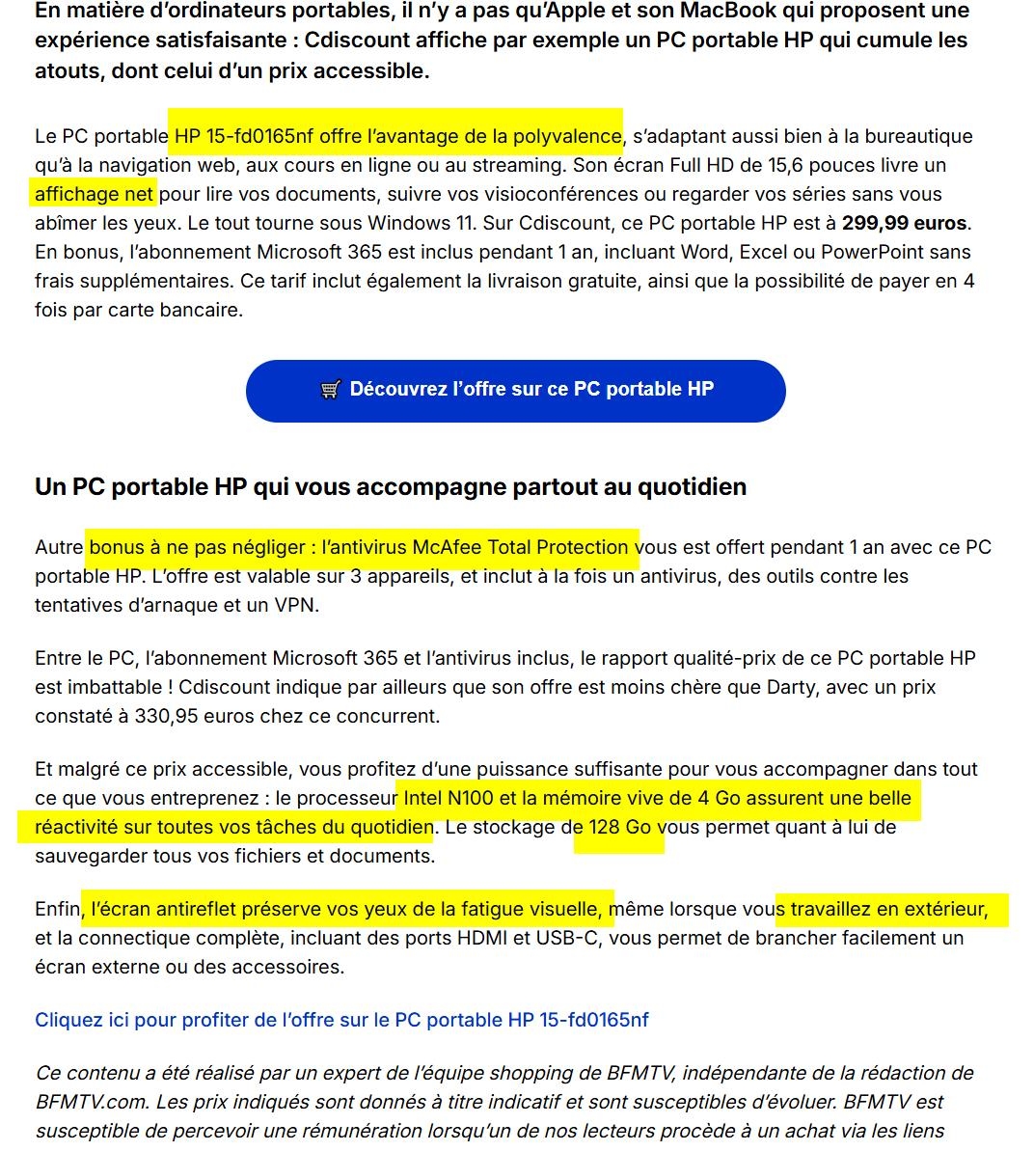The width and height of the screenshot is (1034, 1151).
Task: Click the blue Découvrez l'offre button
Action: (x=515, y=391)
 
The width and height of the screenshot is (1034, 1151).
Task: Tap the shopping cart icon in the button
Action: (x=330, y=390)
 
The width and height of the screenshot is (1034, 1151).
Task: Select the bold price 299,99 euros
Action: (x=904, y=223)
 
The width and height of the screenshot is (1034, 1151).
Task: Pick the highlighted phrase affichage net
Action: (x=94, y=194)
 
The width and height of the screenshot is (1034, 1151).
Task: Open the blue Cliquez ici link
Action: (x=341, y=1020)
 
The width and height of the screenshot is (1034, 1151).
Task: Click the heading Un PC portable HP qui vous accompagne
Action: (x=391, y=486)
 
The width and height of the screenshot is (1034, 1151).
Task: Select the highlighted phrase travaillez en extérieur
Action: (x=888, y=909)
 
